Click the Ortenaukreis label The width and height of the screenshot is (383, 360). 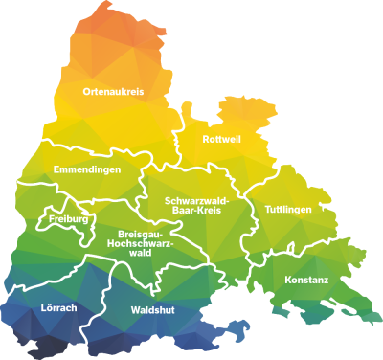(x=112, y=91)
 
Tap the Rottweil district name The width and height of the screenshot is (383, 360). (x=221, y=140)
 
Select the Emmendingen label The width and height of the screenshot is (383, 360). (x=86, y=169)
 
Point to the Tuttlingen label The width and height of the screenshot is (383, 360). (x=287, y=209)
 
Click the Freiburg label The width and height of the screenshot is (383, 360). (x=68, y=219)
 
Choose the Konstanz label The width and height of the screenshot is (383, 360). (x=306, y=281)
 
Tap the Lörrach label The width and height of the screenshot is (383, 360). (x=59, y=307)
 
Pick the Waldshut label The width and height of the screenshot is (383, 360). (x=152, y=310)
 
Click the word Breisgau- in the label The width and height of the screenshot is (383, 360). (x=141, y=234)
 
